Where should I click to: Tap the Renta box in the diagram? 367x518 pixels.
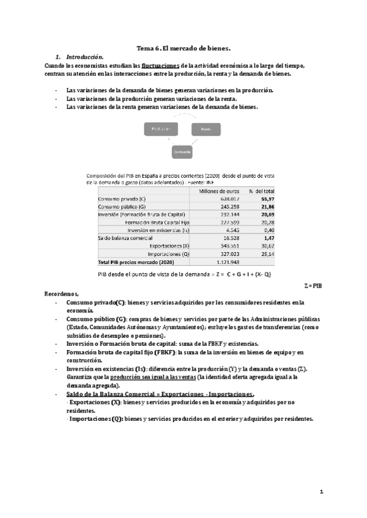click(206, 129)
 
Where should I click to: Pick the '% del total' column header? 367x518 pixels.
click(261, 191)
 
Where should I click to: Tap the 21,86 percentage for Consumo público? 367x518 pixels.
click(267, 206)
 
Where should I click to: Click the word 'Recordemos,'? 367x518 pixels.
click(62, 293)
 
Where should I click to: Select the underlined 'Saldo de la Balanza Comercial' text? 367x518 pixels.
click(109, 395)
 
